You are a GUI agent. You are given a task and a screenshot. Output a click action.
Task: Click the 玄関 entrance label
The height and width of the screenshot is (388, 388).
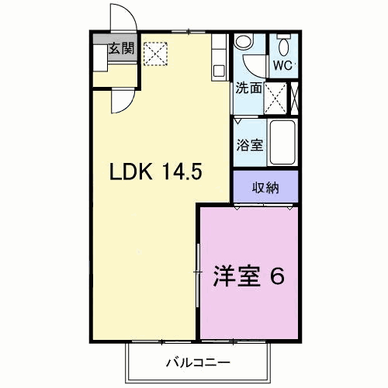(x=121, y=48)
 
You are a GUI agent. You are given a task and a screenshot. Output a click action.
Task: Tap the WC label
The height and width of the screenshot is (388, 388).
(x=282, y=66)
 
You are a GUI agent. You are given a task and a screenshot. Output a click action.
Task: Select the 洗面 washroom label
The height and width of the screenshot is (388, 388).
(x=248, y=88)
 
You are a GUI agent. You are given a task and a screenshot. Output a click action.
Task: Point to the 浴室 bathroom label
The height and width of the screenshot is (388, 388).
(x=250, y=145)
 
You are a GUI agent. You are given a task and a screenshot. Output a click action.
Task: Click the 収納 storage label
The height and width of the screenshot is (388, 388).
(x=265, y=188)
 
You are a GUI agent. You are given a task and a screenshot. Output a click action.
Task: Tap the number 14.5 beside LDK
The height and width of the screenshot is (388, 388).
(x=182, y=171)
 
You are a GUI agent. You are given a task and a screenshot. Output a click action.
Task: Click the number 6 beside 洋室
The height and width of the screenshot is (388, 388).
(x=277, y=276)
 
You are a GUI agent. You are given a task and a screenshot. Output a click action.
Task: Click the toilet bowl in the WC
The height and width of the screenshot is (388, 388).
(x=284, y=47)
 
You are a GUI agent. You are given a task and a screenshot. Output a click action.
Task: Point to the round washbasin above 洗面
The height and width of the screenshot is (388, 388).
(x=244, y=42)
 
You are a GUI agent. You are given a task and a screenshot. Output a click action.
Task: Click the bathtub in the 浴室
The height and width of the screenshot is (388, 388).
(x=282, y=142)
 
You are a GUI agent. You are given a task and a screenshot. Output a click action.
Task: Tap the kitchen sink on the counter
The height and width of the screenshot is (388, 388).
(x=219, y=71)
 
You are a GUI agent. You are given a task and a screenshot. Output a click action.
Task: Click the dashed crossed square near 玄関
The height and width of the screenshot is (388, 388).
(x=155, y=54)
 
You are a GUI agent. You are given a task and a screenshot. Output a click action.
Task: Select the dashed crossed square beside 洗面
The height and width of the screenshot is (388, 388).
(x=275, y=99)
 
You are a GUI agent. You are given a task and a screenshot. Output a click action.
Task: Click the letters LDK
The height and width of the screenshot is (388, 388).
(x=131, y=171)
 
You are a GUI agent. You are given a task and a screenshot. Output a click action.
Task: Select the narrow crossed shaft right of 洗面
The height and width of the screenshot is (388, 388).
(x=294, y=99)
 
